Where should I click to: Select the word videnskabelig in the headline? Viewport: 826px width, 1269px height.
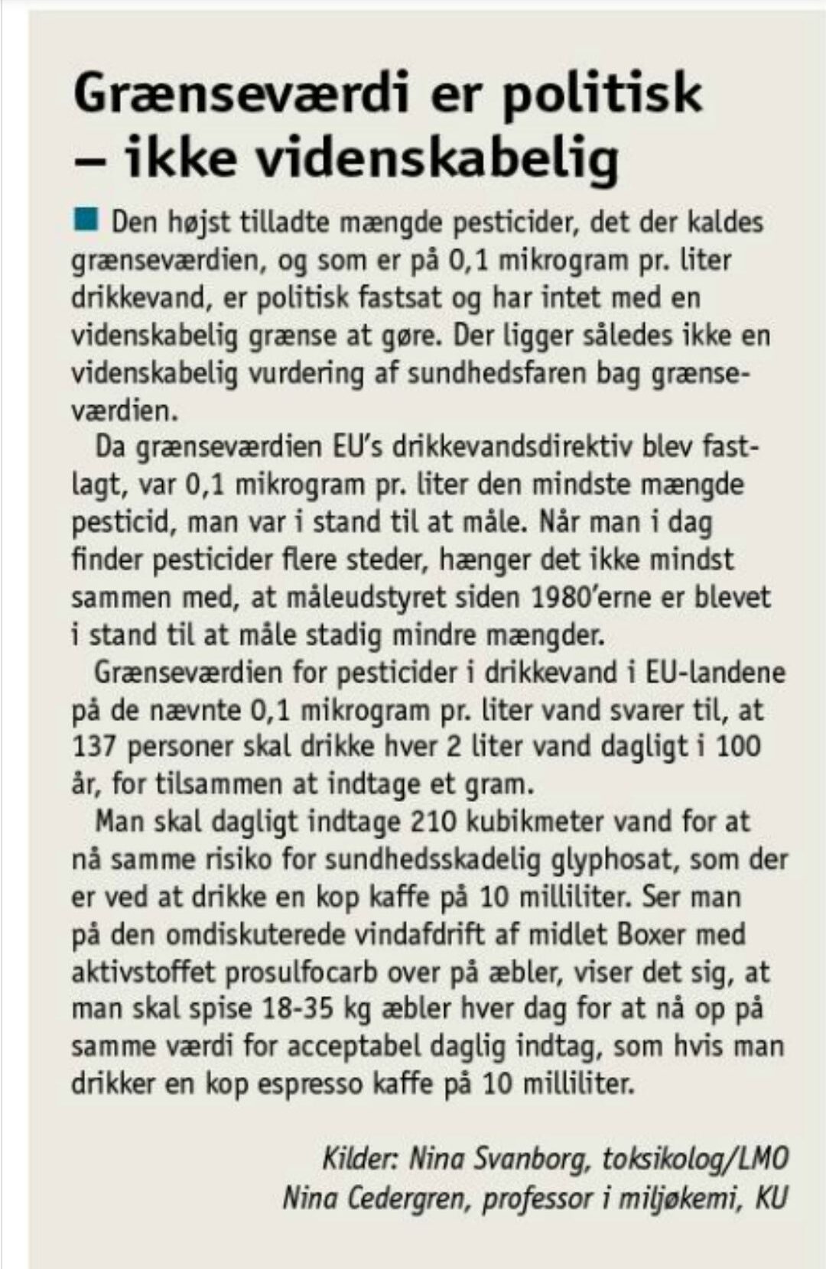437,159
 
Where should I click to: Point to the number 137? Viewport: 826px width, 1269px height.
95,747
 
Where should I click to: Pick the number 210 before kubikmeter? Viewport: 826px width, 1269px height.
434,822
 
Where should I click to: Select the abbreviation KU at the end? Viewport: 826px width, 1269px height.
770,1197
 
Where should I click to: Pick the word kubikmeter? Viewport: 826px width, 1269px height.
531,822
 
